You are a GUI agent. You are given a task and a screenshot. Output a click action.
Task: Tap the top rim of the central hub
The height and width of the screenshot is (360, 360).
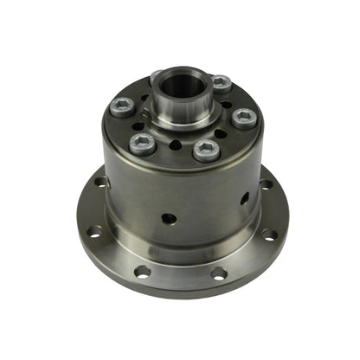point(179,73)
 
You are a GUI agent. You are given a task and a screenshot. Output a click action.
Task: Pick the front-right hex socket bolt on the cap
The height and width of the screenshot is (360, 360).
point(205,151)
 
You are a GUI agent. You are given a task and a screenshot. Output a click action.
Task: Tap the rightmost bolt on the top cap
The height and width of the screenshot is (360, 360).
point(243,118)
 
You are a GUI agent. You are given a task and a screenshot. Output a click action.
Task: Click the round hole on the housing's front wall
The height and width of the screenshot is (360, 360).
point(170,218)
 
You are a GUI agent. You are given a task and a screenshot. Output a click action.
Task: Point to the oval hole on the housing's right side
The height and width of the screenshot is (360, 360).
point(245,198)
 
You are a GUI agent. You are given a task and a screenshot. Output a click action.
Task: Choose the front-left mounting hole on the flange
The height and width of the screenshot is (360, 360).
point(142,272)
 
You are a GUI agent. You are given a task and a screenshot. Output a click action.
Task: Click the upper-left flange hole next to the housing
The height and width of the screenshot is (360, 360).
point(102,182)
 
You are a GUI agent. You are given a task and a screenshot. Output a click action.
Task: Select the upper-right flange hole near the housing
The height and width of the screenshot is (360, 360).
point(266,184)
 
